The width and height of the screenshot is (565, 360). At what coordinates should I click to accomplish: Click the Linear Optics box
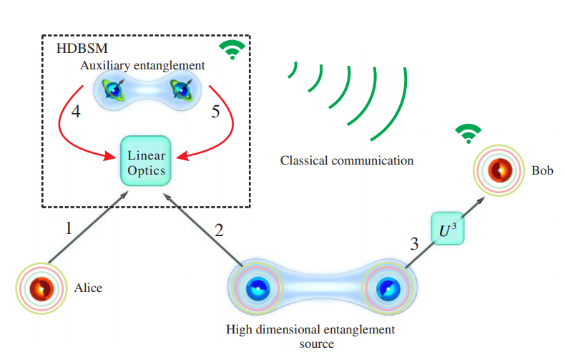coord(146,161)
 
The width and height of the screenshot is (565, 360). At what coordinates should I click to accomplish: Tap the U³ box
coord(448,228)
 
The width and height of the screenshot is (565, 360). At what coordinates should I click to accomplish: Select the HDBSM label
coord(82,48)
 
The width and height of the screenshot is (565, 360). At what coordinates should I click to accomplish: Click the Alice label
coord(88,288)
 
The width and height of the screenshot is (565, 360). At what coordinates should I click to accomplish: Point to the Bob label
coord(542,170)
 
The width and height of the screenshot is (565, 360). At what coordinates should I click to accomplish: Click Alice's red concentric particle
coord(41,288)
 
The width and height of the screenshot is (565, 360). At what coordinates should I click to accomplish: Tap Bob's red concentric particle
coord(499,170)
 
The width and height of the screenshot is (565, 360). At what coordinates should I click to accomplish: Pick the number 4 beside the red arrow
coord(76,112)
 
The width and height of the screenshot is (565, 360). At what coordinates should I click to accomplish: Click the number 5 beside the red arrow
coord(215,112)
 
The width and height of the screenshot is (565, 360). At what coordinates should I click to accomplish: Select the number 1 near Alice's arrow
coord(69,228)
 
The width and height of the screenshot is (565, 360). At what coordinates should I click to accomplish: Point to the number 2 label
coord(219,230)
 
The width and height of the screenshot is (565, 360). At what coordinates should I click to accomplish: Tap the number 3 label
coord(414,244)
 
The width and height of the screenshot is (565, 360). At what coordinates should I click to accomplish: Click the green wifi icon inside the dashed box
coord(232,50)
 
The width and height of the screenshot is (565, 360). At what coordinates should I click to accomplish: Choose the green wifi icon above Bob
coord(468,134)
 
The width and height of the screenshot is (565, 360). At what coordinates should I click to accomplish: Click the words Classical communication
coord(347,160)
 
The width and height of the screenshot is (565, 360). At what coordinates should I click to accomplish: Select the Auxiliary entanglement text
coord(142,65)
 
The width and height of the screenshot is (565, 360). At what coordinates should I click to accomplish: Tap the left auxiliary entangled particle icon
coord(113,89)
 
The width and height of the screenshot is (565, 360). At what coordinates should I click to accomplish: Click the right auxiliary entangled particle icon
coord(182,89)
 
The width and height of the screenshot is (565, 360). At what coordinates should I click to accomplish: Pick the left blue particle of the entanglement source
coord(257,288)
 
